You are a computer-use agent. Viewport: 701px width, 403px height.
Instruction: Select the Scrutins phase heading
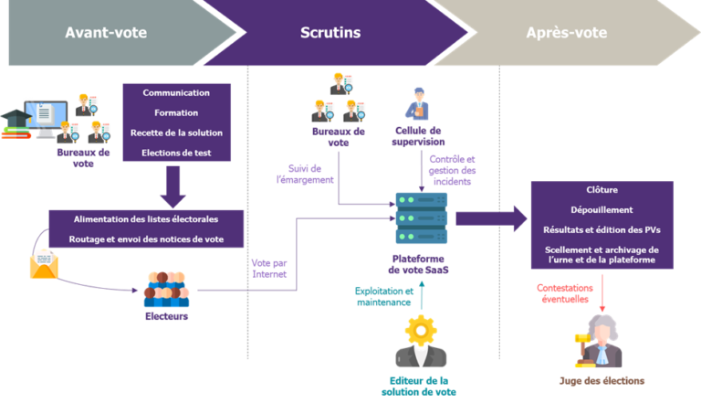330,33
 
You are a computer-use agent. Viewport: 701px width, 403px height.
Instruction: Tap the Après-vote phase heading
566,33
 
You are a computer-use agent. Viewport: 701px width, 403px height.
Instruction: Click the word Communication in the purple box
176,92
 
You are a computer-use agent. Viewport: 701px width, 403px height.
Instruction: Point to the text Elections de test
176,153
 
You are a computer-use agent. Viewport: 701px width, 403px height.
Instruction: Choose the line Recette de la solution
176,133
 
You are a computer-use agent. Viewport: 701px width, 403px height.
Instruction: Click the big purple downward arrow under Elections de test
173,186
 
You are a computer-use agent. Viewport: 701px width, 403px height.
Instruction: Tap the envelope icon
44,265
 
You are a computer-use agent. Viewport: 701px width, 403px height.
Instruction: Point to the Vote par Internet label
268,267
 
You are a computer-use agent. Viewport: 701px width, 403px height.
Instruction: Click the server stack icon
421,218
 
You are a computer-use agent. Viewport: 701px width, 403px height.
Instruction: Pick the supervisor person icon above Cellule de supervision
419,103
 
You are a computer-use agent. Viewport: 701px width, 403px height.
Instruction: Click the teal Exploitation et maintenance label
384,296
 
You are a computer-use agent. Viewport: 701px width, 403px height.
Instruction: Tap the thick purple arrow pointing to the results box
490,217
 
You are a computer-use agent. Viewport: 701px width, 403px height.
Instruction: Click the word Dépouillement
602,208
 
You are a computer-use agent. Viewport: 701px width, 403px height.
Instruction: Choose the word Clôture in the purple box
602,190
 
